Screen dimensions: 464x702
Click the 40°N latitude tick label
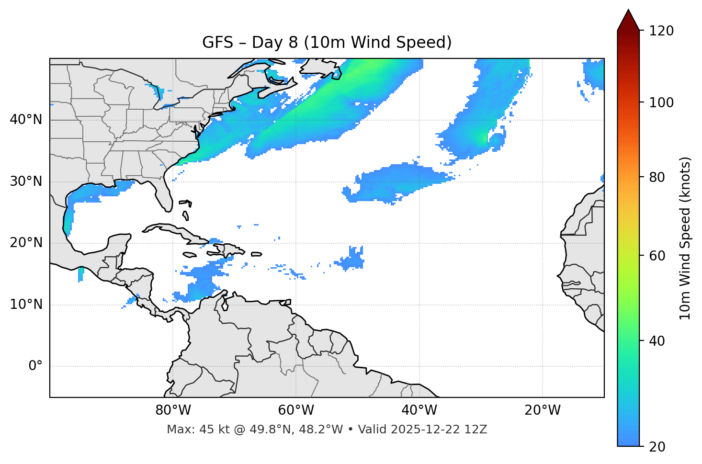(26, 120)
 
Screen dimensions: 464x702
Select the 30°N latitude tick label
(26, 181)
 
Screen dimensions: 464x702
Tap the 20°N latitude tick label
(26, 243)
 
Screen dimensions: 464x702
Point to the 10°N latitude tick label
(26, 305)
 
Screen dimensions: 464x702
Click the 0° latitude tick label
(35, 366)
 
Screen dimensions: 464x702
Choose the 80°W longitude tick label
(173, 410)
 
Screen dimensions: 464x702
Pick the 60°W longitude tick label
(296, 410)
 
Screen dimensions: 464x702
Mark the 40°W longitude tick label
(419, 410)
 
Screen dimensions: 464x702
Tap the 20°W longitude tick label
(542, 410)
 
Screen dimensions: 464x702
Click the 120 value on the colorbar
(661, 31)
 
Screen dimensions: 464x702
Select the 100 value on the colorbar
(661, 102)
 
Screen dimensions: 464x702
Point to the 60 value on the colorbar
(657, 256)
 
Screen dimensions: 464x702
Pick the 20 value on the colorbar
(657, 447)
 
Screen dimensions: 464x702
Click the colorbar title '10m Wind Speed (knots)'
(685, 238)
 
